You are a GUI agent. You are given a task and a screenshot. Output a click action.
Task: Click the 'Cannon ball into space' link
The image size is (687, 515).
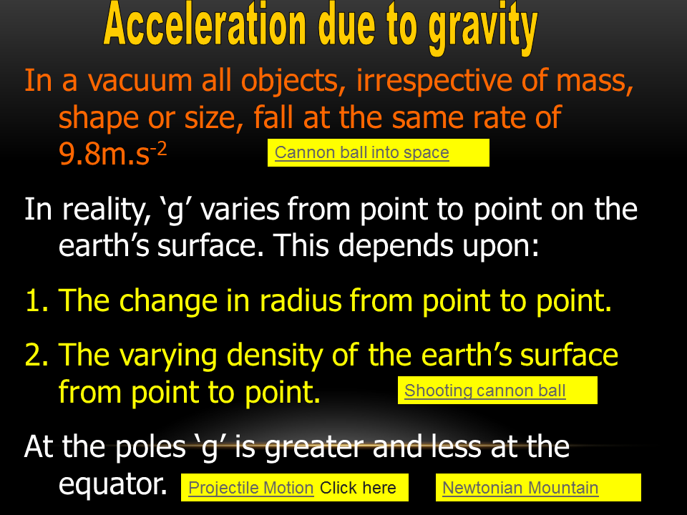coord(362,152)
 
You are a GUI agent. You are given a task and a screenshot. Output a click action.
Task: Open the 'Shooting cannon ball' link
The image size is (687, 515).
coord(485,391)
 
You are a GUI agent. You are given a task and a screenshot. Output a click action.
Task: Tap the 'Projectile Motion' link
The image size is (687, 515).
coord(251,488)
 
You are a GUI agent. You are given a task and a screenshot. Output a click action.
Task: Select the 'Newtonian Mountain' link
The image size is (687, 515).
coord(520,488)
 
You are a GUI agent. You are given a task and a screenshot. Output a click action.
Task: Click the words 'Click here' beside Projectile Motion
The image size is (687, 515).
coord(358,488)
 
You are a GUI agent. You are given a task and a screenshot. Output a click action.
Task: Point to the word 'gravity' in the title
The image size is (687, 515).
coord(483,28)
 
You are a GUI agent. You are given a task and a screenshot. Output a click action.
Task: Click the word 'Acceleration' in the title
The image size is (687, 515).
coord(205,24)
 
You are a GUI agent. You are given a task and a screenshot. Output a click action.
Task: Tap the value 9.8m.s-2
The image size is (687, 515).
coord(112,154)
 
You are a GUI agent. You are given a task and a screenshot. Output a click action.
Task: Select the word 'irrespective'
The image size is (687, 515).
coord(434,81)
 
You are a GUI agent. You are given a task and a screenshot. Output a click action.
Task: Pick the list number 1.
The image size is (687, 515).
coord(36,301)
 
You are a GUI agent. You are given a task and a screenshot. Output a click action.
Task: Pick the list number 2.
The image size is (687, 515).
coord(36,355)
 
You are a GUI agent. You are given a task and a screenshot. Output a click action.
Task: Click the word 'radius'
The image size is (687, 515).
coord(301,301)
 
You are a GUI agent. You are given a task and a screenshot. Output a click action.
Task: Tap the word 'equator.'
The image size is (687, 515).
coord(112,485)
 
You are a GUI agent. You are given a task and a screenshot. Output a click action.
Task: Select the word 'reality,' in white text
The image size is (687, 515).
coord(106,210)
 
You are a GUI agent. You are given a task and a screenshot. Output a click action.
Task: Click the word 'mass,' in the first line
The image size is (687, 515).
coord(595,82)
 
